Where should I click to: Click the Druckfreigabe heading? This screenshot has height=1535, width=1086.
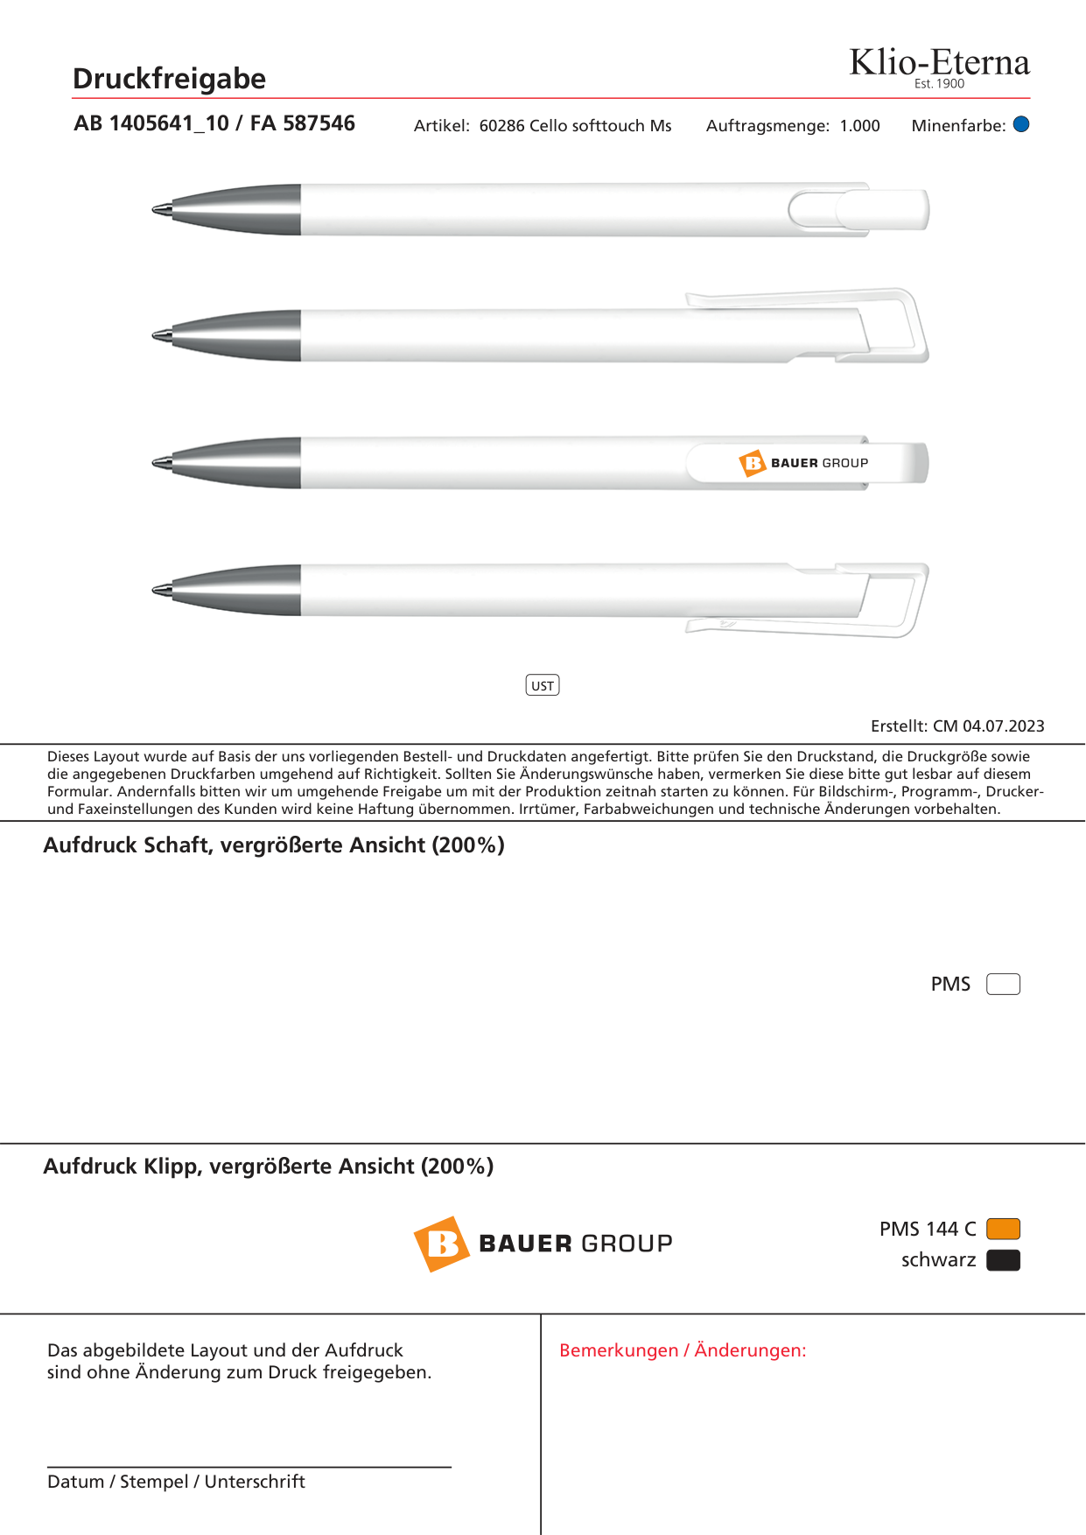tap(169, 79)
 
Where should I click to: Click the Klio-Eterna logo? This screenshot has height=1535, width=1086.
tap(939, 66)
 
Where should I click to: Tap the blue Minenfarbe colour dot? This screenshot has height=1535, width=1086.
tap(1021, 124)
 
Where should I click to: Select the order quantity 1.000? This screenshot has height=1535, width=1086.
tap(859, 126)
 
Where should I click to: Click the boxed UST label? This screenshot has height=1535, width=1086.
tap(543, 685)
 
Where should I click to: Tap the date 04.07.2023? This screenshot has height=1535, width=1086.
tap(1004, 726)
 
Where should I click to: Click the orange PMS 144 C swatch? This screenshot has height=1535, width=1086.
tap(1003, 1229)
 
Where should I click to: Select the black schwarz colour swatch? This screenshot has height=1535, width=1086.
tap(1003, 1260)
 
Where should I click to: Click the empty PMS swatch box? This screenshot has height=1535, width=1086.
tap(1003, 985)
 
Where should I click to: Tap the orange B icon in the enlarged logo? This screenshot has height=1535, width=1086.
tap(442, 1244)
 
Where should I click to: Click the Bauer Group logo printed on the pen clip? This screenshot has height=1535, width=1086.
tap(804, 463)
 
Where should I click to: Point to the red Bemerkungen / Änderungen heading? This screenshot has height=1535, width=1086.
tap(683, 1350)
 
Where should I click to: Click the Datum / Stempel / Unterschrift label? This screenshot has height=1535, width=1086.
tap(176, 1482)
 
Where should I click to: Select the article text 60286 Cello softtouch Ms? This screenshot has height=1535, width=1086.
tap(575, 126)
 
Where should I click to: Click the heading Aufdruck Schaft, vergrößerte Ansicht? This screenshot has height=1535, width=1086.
tap(274, 845)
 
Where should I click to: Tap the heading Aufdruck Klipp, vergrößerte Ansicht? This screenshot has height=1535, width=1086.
tap(269, 1167)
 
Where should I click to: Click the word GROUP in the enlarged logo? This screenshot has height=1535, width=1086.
tap(627, 1244)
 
